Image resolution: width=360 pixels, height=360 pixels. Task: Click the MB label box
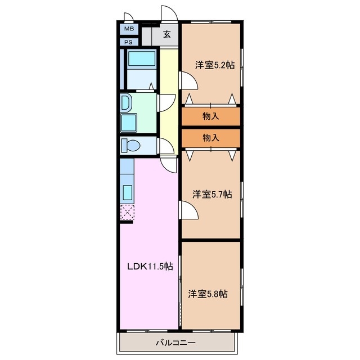(x=129, y=29)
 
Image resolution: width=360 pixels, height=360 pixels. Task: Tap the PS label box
(x=129, y=42)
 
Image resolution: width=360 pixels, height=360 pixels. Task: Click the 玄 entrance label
(x=167, y=34)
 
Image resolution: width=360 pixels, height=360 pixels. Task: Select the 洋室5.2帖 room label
(x=215, y=65)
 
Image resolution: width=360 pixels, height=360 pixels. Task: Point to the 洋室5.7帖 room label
(x=212, y=195)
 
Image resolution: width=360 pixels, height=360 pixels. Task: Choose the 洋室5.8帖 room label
(x=208, y=294)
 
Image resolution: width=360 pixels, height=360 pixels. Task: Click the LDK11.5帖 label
(x=150, y=266)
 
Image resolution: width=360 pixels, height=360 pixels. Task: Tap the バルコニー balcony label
(x=176, y=343)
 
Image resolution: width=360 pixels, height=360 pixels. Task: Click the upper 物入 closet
(x=211, y=116)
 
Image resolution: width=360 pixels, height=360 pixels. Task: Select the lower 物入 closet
(x=211, y=138)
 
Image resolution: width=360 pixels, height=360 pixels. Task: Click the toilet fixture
(x=130, y=145)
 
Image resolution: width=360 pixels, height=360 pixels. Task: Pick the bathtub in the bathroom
(x=142, y=58)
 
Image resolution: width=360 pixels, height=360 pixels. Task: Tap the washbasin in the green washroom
(x=125, y=102)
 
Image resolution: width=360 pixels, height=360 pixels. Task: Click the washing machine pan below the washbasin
(x=129, y=123)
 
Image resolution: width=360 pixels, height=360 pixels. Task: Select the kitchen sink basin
(x=128, y=192)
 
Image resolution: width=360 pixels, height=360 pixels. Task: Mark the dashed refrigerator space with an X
(x=127, y=212)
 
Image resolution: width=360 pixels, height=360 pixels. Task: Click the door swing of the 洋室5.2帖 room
(x=188, y=80)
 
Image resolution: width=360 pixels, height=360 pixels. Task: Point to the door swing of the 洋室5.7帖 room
(x=189, y=210)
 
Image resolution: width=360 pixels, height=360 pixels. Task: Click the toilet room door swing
(x=165, y=146)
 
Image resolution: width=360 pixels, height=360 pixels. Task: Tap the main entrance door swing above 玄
(x=169, y=13)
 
